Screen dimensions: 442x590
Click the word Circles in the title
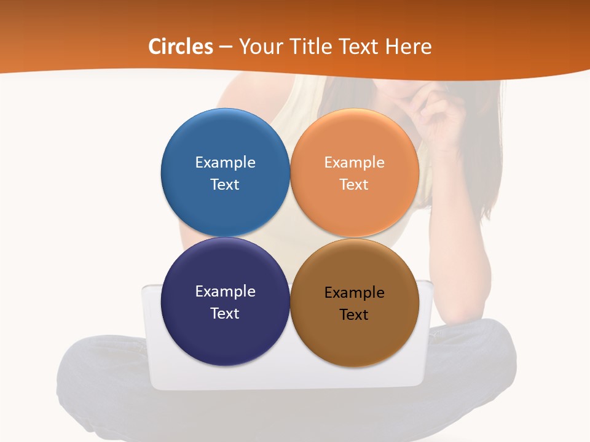tap(181, 47)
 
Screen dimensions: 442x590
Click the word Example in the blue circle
tap(225, 163)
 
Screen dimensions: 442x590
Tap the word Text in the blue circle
tap(225, 185)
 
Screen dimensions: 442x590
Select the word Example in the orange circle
tap(354, 163)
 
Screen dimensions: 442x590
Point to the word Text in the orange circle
tap(354, 185)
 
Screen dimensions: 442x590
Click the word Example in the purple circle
tap(225, 292)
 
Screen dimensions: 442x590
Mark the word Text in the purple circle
tap(225, 314)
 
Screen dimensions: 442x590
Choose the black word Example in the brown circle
tap(354, 293)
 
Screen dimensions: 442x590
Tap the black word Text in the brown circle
tap(354, 315)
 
